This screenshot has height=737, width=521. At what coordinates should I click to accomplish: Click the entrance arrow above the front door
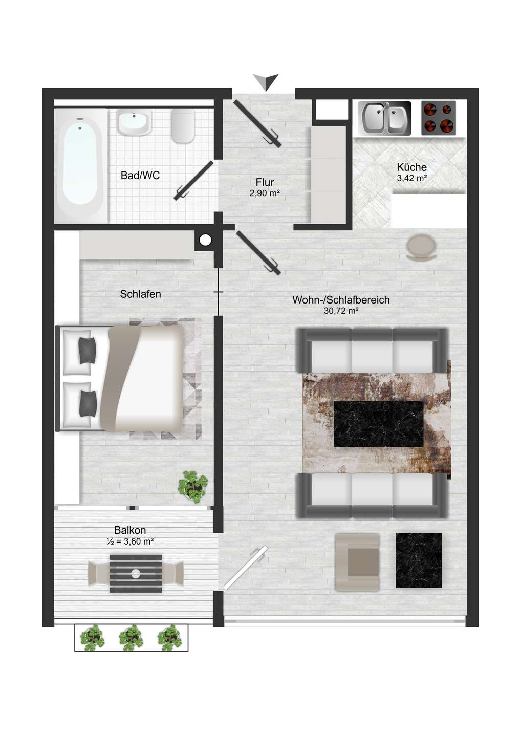266,81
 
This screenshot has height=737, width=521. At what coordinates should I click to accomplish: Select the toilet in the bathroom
183,126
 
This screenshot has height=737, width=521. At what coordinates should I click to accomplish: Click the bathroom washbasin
134,123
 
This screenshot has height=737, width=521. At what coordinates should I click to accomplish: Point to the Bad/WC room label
140,176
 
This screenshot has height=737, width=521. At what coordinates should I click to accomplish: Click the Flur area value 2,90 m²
265,193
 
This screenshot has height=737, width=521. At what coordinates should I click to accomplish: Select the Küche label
412,167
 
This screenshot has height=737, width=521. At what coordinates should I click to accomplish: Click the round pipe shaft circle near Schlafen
206,241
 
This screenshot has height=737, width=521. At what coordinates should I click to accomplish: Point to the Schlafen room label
140,294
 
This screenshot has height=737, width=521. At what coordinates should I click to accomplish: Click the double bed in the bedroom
120,378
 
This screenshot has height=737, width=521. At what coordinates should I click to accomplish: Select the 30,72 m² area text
341,311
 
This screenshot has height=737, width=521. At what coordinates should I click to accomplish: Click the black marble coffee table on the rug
379,424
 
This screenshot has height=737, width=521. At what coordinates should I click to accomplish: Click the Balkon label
130,530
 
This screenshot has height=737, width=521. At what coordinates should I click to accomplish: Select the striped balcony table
136,573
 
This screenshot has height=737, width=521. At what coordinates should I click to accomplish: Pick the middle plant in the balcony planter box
131,637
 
